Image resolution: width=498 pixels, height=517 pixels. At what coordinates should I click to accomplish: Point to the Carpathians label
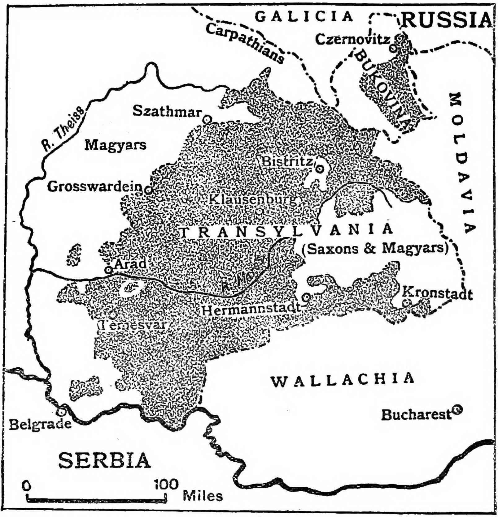point(245,43)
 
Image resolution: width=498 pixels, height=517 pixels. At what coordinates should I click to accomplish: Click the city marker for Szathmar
point(207,119)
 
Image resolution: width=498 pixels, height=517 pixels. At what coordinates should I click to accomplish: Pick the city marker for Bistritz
point(319,169)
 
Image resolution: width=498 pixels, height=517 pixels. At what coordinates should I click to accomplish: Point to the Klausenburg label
point(252,199)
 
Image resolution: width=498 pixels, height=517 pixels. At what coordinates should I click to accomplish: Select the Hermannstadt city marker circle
point(306,297)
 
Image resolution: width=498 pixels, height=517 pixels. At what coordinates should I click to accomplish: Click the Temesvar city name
point(133,325)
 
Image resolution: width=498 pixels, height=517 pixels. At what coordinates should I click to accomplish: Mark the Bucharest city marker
point(456,410)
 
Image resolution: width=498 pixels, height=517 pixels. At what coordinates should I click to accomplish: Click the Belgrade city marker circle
point(61,412)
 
